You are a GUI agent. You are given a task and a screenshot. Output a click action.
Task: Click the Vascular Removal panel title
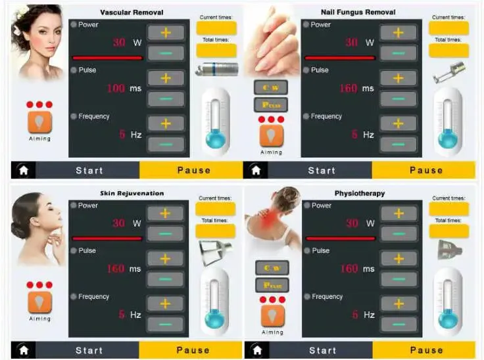[132, 12]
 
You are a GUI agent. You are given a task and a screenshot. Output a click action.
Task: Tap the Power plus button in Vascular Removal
[165, 33]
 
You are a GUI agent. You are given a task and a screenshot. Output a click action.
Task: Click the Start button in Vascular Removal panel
[89, 170]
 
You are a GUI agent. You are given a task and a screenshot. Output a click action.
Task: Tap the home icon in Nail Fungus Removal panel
[255, 170]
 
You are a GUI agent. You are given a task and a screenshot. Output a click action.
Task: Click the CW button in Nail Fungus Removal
[270, 88]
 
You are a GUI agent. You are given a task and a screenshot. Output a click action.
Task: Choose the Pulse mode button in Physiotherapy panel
[272, 285]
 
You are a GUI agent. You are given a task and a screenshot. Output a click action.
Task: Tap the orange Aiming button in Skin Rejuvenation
[39, 302]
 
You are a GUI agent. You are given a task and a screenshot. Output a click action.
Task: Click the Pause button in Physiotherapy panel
[425, 350]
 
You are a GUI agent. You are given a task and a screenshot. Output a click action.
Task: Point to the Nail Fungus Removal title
[358, 12]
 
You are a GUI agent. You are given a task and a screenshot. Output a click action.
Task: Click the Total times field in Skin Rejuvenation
[215, 231]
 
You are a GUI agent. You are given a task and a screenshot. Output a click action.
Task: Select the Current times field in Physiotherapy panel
[448, 209]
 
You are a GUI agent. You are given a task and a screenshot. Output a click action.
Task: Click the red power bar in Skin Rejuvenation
[107, 238]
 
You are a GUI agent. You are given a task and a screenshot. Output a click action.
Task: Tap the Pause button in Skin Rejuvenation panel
[193, 350]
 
